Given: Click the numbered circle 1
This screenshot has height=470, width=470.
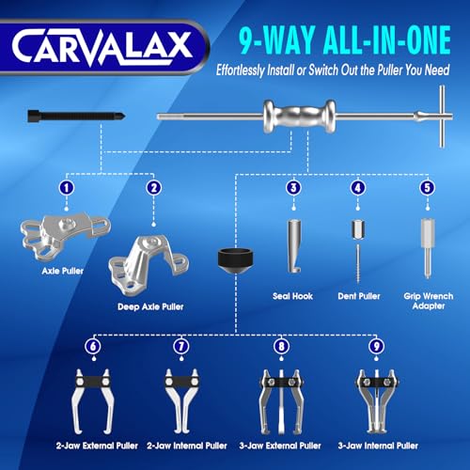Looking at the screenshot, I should point(66,187).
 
